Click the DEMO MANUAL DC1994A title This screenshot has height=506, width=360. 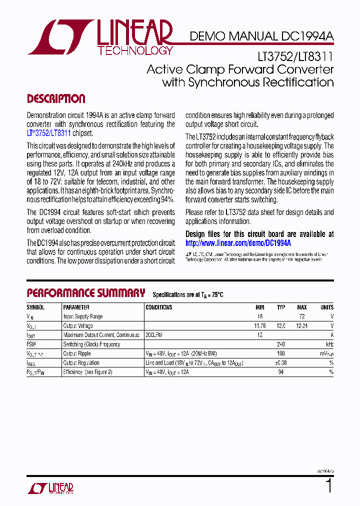pos(261,36)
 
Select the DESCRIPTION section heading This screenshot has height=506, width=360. pos(55,98)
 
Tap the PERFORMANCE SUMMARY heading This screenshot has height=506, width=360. pos(85,293)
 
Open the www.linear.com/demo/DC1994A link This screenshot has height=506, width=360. pos(238,242)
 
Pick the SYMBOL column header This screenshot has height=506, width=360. pos(35,307)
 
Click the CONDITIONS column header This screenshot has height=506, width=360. pos(158,307)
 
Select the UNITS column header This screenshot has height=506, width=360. pos(326,307)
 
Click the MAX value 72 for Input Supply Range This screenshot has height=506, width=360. pos(302,316)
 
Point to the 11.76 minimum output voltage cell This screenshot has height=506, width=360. pos(260,326)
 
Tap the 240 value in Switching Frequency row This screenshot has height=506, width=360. pos(281,344)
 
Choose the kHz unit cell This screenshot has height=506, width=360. pos(329,344)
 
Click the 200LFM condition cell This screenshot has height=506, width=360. pos(154,335)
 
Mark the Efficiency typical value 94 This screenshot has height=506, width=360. pos(281,372)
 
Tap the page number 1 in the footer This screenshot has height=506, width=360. pos(328,486)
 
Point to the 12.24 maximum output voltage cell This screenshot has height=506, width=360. pos(301,326)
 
